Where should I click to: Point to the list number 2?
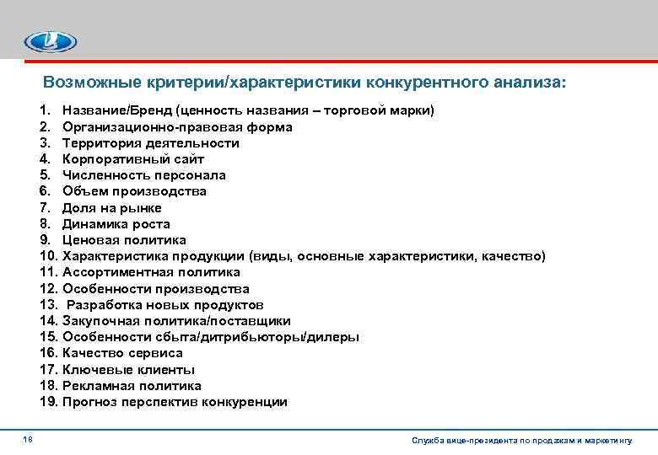(x=45, y=127)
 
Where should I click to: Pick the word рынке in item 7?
(x=142, y=208)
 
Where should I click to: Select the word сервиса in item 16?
(x=155, y=353)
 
